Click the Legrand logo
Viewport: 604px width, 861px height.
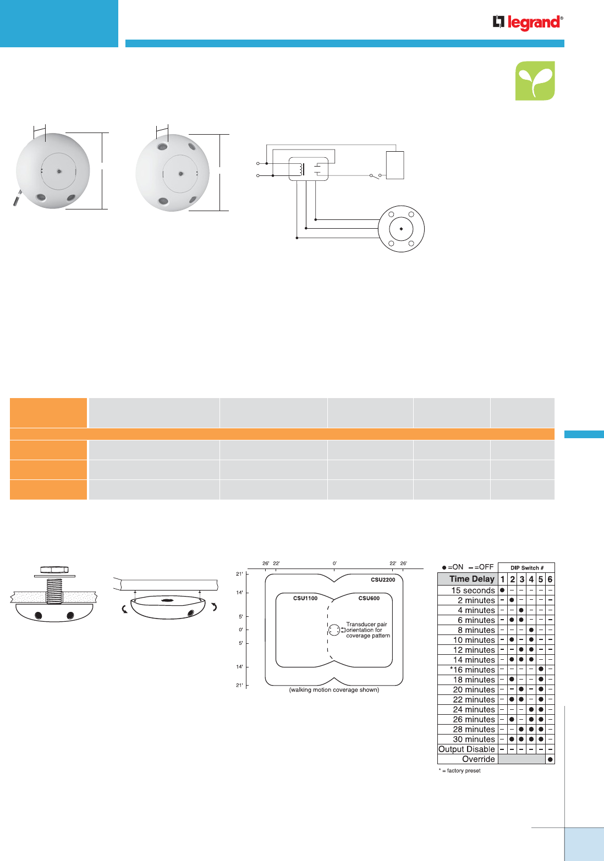tap(528, 23)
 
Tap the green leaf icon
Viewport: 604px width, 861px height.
tap(535, 81)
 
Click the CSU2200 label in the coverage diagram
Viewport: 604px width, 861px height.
tap(382, 579)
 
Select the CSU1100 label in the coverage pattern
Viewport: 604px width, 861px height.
tap(305, 598)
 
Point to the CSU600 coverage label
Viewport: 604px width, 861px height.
tap(369, 598)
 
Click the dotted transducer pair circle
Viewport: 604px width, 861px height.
tap(334, 630)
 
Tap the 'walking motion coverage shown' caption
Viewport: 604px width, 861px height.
tap(334, 689)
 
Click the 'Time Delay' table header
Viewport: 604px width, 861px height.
tap(472, 579)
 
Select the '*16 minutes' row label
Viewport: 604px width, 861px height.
tap(473, 670)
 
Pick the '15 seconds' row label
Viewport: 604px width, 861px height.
tap(473, 590)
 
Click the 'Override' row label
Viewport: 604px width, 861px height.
tap(478, 759)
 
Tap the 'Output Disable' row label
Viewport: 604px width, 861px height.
tap(466, 749)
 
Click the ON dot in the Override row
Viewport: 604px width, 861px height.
tap(550, 759)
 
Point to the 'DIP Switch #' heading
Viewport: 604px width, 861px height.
tap(527, 568)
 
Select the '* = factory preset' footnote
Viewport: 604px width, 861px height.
tap(459, 771)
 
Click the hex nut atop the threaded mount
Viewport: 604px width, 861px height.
tap(54, 569)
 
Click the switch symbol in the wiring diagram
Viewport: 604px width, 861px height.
tap(375, 175)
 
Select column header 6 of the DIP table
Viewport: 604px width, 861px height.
tap(550, 579)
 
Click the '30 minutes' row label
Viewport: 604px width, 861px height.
tap(474, 739)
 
